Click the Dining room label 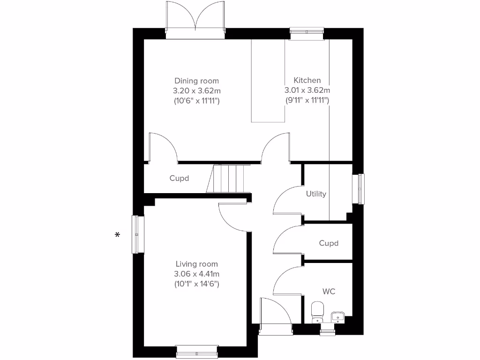(196, 81)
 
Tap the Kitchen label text (307, 80)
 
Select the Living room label (196, 264)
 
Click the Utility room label (316, 194)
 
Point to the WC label (329, 292)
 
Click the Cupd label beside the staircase (179, 178)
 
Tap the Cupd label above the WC (329, 243)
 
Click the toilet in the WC (317, 310)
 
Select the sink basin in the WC (337, 317)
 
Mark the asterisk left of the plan (117, 235)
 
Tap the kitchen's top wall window (307, 34)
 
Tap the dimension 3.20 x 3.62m (196, 90)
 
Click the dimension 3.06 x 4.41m (196, 274)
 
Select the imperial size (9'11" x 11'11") (307, 100)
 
